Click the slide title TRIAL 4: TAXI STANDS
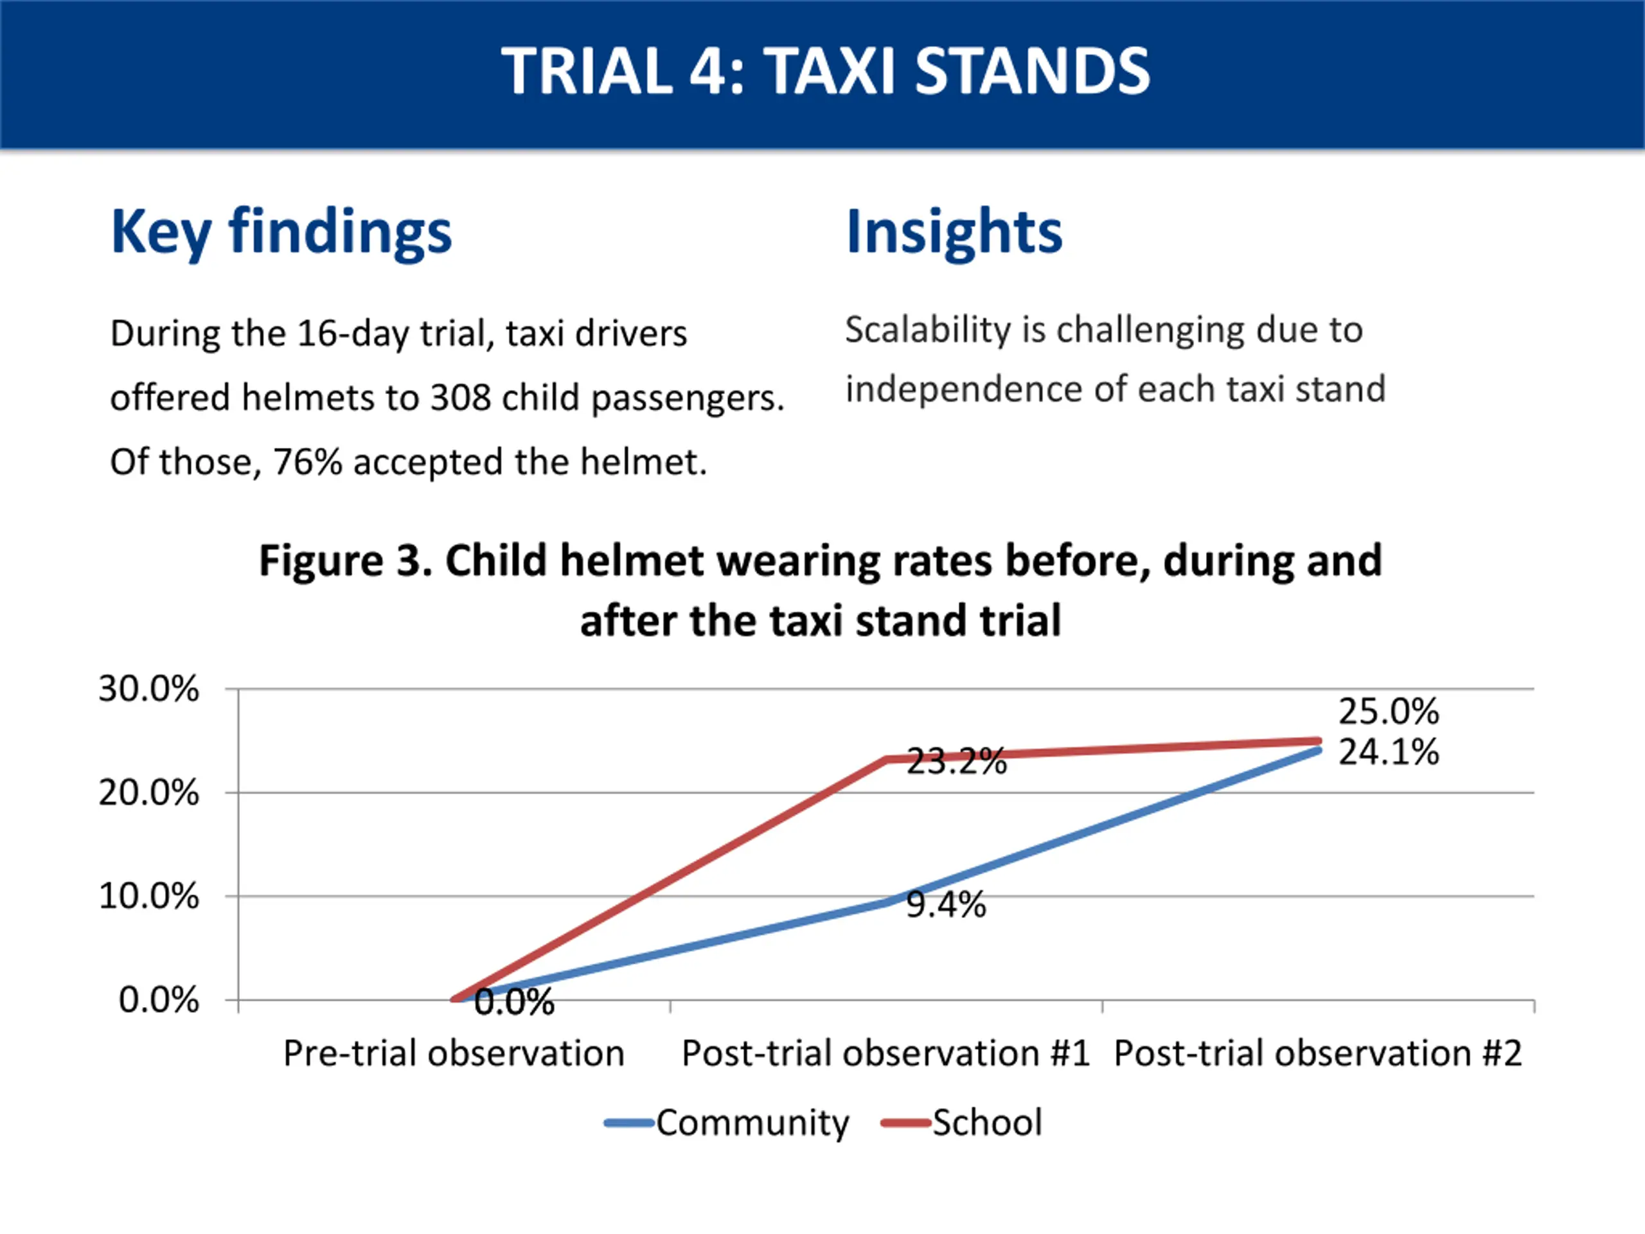click(x=824, y=71)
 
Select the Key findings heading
click(x=281, y=231)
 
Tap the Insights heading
click(x=954, y=231)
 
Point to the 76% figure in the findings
click(x=307, y=462)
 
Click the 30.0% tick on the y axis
click(x=148, y=689)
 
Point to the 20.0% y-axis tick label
click(x=148, y=793)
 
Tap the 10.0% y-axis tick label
click(x=148, y=897)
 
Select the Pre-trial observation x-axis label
click(x=454, y=1053)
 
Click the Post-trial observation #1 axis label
click(x=885, y=1053)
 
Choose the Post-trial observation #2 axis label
click(x=1317, y=1053)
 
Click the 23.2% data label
click(x=956, y=762)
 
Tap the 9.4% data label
click(x=946, y=904)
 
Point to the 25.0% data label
click(x=1389, y=712)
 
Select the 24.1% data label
click(x=1389, y=752)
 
